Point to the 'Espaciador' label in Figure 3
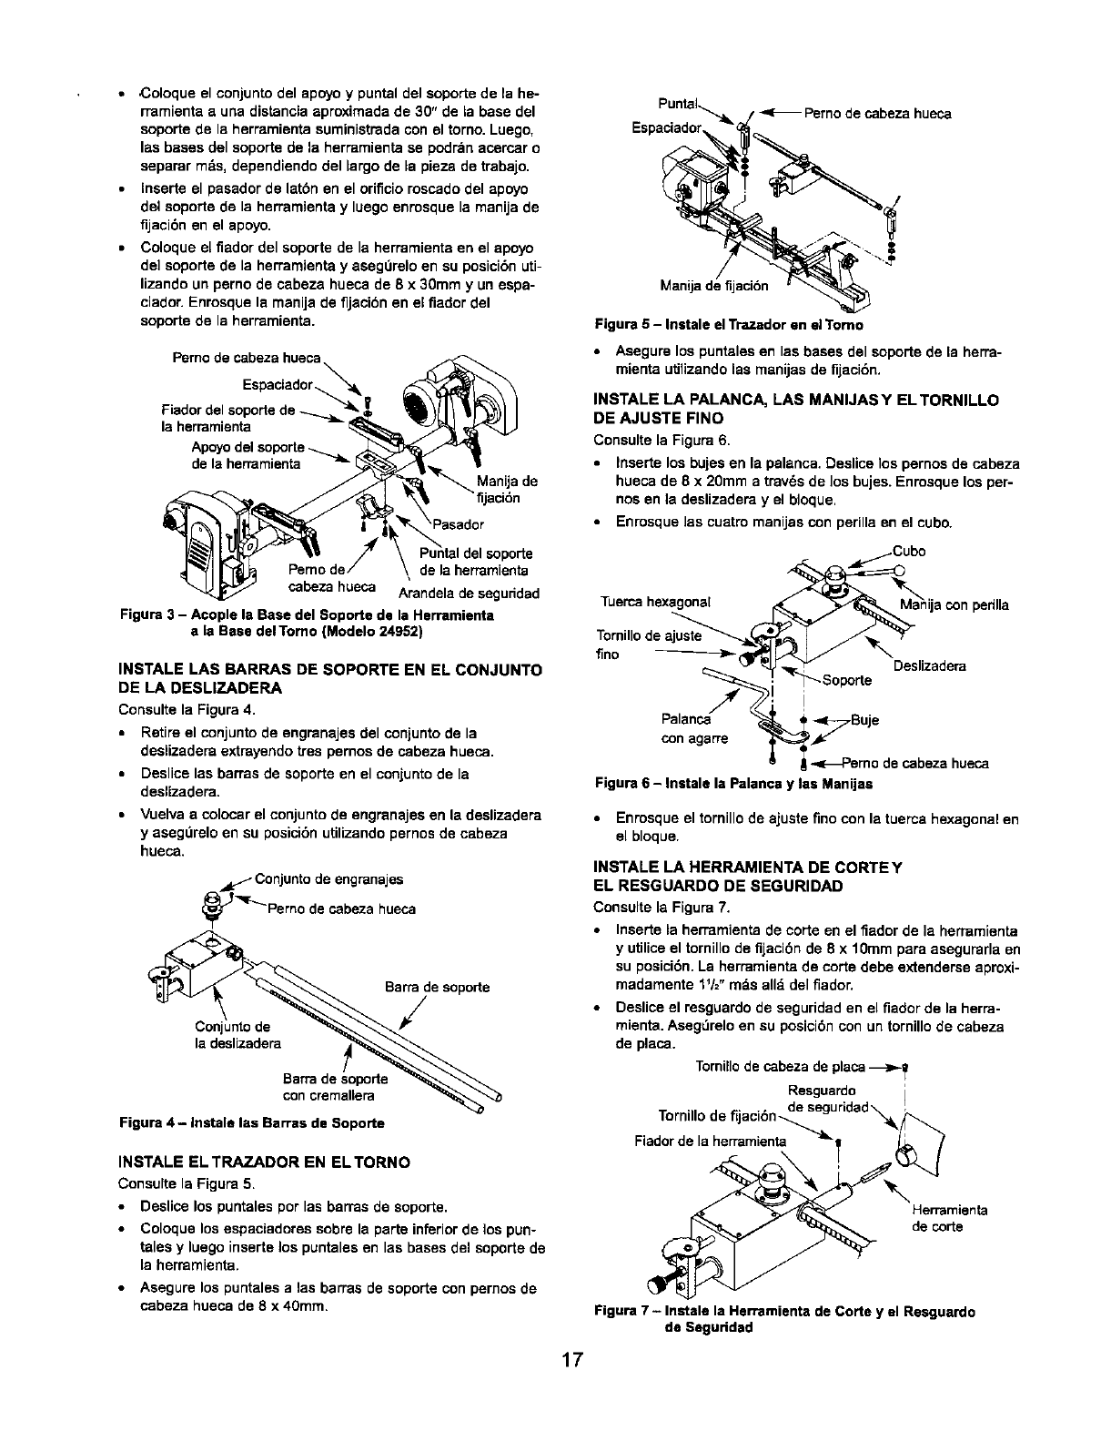pos(278,383)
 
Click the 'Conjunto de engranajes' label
pos(329,879)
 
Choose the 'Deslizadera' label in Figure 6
pos(929,666)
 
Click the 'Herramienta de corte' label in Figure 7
pos(949,1218)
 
